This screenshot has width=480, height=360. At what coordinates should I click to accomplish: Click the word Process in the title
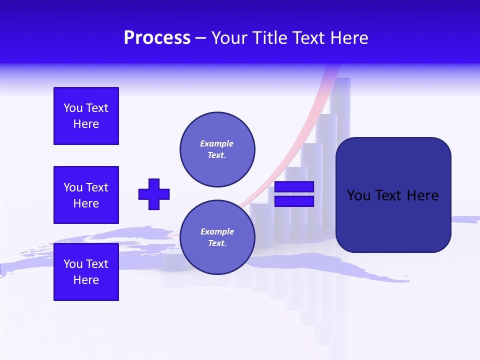(x=157, y=38)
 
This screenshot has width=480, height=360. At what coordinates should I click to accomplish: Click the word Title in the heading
(x=268, y=38)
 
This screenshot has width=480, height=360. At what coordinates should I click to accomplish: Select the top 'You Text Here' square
(x=86, y=116)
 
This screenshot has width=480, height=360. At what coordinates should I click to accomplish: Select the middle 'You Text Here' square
(x=86, y=195)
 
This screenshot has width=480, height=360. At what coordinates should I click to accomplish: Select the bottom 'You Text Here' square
(x=86, y=272)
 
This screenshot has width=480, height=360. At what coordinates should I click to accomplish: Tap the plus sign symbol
(x=154, y=194)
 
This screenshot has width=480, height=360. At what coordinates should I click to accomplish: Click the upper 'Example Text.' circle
(x=217, y=149)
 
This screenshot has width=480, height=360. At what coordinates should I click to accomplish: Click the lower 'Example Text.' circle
(x=217, y=237)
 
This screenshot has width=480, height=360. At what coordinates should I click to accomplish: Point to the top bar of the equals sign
(x=294, y=186)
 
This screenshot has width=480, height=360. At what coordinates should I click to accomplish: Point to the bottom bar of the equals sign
(x=294, y=201)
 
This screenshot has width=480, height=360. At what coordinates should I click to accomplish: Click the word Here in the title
(x=348, y=38)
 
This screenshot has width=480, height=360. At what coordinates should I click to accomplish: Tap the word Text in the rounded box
(x=389, y=195)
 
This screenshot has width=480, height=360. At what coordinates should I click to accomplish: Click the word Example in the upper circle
(x=216, y=143)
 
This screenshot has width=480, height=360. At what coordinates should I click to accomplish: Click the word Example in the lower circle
(x=216, y=231)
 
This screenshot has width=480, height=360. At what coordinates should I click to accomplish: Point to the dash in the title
(x=201, y=38)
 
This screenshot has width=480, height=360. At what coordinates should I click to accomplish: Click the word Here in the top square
(x=86, y=124)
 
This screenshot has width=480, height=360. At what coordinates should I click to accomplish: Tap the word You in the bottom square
(x=73, y=264)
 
